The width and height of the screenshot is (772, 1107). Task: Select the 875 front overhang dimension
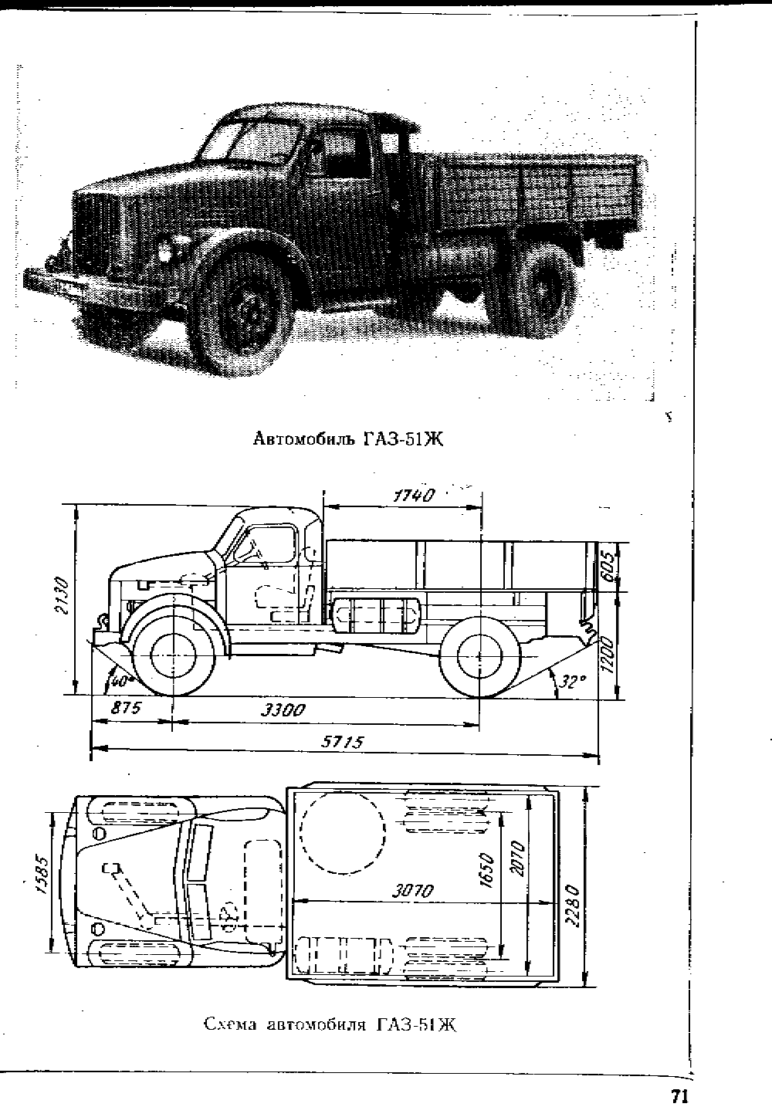pyautogui.click(x=126, y=708)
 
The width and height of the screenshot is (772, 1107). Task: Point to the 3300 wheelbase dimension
pyautogui.click(x=283, y=710)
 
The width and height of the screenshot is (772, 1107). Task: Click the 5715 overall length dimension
pyautogui.click(x=343, y=742)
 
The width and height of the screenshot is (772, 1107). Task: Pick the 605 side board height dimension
pyautogui.click(x=608, y=567)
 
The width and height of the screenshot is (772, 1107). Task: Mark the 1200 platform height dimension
pyautogui.click(x=608, y=655)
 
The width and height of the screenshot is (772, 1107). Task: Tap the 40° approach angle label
pyautogui.click(x=119, y=681)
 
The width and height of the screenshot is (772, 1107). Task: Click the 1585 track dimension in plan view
pyautogui.click(x=42, y=875)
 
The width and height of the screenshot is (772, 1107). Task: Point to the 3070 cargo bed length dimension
pyautogui.click(x=413, y=891)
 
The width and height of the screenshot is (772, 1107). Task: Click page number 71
pyautogui.click(x=679, y=1095)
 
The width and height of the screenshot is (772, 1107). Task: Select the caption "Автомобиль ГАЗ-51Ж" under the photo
pyautogui.click(x=348, y=438)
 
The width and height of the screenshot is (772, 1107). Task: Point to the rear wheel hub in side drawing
pyautogui.click(x=479, y=656)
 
